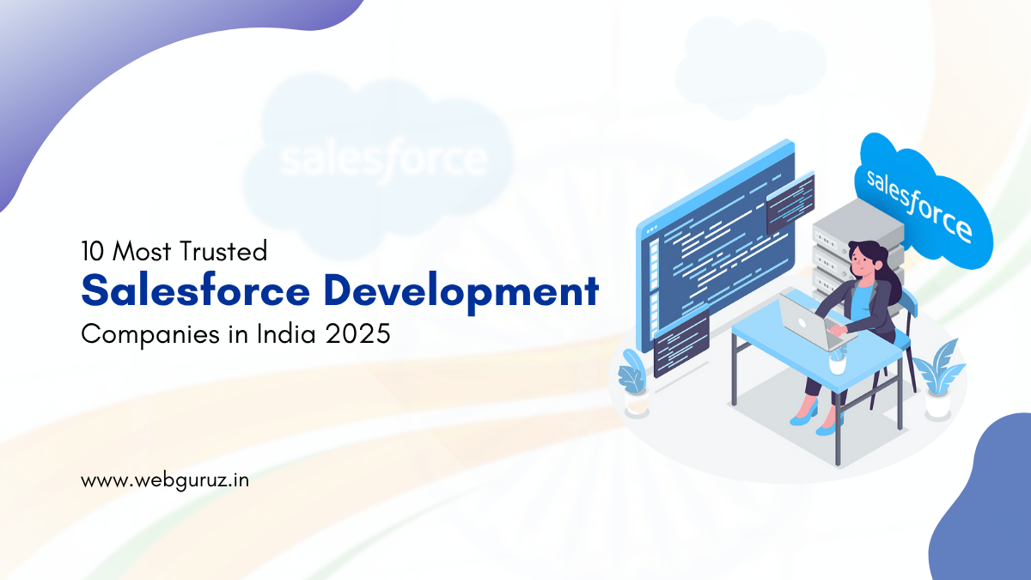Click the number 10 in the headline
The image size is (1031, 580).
click(x=92, y=251)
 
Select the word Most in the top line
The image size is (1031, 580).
click(x=142, y=251)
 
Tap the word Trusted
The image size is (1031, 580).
click(x=223, y=251)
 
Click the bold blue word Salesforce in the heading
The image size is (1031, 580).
click(x=196, y=290)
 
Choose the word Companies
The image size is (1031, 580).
click(x=150, y=334)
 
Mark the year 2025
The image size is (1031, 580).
click(x=357, y=333)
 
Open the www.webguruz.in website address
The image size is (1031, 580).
click(x=165, y=481)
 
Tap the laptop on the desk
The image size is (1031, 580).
click(x=814, y=322)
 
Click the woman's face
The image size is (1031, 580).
click(x=860, y=262)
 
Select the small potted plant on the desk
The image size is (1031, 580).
click(x=838, y=360)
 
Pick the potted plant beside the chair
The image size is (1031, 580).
click(x=939, y=378)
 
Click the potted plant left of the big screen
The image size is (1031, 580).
click(x=634, y=382)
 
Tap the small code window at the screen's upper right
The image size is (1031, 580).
click(x=790, y=203)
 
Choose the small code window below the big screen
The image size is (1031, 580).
click(x=681, y=342)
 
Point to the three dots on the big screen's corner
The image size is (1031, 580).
click(x=652, y=229)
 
